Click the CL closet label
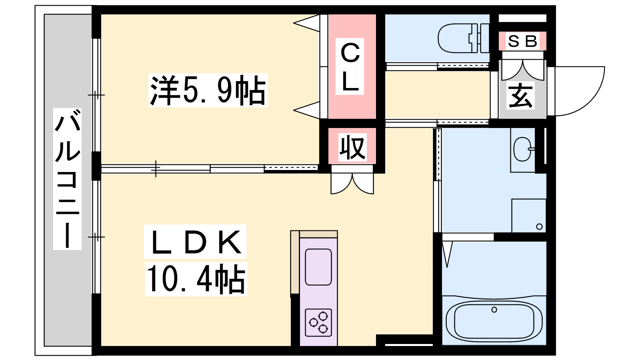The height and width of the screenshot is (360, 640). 350,66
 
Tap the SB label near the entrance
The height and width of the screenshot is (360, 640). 522,42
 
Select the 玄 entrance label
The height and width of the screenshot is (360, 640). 520,95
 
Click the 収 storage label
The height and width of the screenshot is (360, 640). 352,147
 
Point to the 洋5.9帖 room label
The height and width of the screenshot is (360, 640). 208,90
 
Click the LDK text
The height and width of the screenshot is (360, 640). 196,242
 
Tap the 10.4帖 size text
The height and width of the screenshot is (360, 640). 196,279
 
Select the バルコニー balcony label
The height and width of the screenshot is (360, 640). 68,179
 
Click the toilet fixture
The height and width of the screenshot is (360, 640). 463,38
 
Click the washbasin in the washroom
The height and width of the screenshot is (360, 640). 523,149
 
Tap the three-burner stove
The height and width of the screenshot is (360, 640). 318,322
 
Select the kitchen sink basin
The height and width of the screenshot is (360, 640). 318,267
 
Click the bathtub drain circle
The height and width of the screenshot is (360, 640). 494,310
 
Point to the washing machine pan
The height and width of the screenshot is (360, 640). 528,216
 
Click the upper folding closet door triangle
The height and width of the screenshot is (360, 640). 307,24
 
